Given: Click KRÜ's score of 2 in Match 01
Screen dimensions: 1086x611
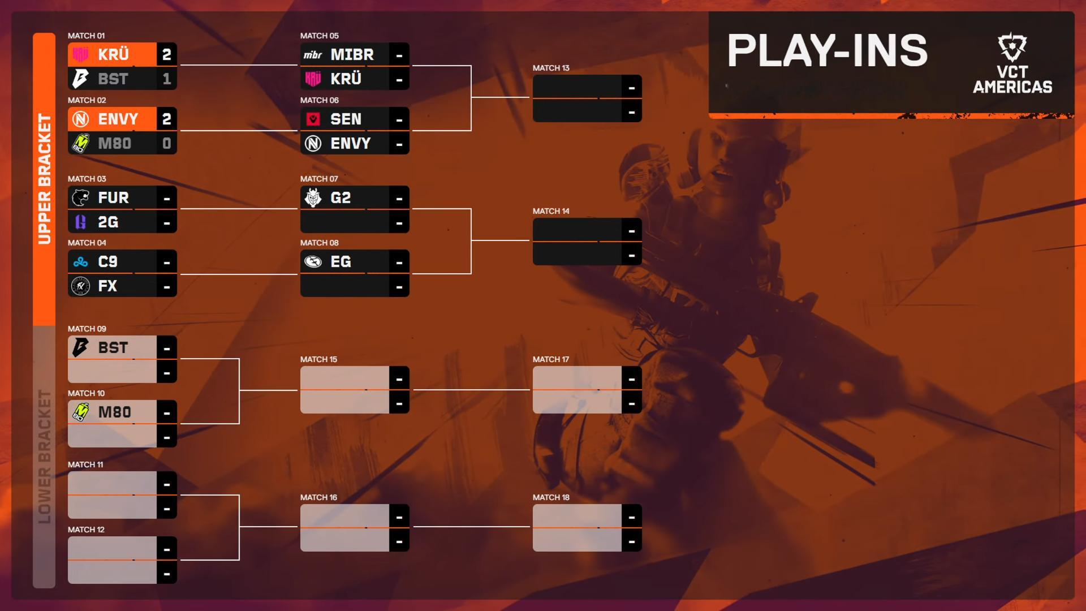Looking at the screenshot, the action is [166, 55].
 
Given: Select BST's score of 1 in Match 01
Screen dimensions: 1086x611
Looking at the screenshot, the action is [166, 79].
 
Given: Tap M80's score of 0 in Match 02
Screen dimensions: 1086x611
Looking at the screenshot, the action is [166, 144].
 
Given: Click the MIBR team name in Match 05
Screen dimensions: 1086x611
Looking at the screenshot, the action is [352, 55].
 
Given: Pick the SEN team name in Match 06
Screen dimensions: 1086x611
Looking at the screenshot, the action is [346, 119].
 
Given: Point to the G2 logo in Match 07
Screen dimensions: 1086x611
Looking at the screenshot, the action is [313, 198].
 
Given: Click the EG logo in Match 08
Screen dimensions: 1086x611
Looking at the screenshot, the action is [313, 262].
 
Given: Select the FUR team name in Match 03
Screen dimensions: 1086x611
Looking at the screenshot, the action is [113, 198].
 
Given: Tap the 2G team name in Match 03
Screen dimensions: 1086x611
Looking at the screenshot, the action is [108, 222].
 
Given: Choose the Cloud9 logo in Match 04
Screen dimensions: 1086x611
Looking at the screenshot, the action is [80, 262].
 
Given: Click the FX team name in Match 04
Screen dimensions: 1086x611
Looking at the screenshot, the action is [107, 286].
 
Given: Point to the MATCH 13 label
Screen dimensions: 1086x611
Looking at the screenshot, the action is [551, 68].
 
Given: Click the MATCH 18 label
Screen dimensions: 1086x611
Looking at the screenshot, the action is [551, 497].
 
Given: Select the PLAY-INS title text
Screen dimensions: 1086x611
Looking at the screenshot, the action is [828, 50].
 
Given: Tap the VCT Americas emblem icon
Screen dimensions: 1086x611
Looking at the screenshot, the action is [1012, 48].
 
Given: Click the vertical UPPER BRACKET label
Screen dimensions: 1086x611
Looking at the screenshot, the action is [44, 179].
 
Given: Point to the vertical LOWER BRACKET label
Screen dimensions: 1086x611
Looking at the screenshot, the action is [44, 457].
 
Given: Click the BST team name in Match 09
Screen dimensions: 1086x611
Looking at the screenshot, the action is [113, 348].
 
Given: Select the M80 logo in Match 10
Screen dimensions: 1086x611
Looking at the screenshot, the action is [80, 412].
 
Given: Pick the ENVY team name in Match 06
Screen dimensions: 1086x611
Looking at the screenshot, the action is [351, 144].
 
